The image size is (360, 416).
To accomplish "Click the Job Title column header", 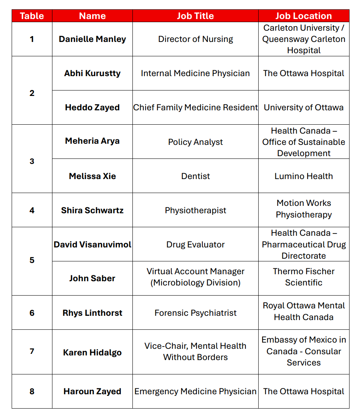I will pos(195,16).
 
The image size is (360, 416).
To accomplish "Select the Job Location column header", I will pos(304,16).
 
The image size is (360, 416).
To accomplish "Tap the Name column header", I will pos(92,16).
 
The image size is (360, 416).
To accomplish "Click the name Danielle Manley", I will pos(92,39).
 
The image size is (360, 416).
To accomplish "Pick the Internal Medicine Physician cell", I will pos(195,73).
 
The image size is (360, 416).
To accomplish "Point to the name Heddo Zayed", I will pos(92,108).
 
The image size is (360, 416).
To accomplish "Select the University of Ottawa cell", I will pos(304,108).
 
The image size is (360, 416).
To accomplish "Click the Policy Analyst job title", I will pos(195,142).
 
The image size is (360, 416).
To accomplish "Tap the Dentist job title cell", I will pos(195,176).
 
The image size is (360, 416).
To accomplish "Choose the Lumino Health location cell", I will pos(304,176).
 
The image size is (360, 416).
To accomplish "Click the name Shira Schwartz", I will pos(92,211).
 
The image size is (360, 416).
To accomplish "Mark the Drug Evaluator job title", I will pos(195,245).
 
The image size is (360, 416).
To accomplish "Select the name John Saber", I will pos(92,278).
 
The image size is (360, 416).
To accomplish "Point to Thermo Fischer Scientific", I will pos(304,277).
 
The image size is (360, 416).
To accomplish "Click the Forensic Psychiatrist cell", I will pos(195,313).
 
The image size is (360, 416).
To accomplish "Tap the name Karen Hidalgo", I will pos(92,353).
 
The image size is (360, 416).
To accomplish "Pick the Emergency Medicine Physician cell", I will pos(195,392).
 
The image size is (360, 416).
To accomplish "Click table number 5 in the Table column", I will pos(32,260).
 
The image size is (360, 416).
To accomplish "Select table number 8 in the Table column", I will pos(32,392).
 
